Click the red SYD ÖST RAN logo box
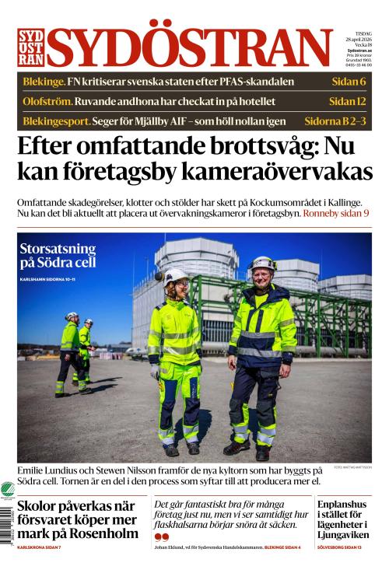(x=30, y=47)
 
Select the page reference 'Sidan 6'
(x=347, y=82)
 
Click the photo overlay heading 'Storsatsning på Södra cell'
(x=58, y=256)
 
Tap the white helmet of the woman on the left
(x=175, y=274)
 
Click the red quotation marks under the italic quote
(x=161, y=536)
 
